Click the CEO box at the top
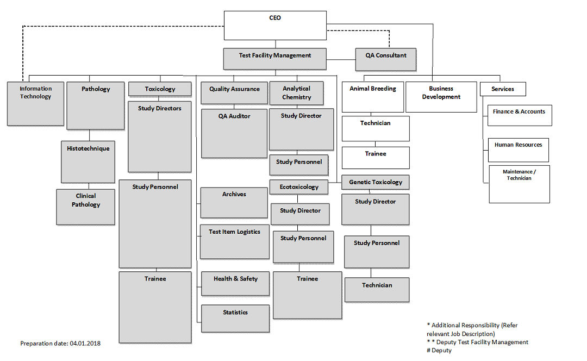[x=275, y=26]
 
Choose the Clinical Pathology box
[x=86, y=207]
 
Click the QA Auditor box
[x=234, y=134]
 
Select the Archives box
[x=234, y=203]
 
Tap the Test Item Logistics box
[x=234, y=241]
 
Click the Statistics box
[x=235, y=318]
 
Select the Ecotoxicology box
[x=299, y=187]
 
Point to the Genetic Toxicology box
[x=376, y=183]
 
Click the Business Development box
[x=441, y=97]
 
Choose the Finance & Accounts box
[x=519, y=115]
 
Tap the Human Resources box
[x=518, y=150]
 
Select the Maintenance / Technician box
[x=519, y=184]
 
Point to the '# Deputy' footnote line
[x=440, y=351]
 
